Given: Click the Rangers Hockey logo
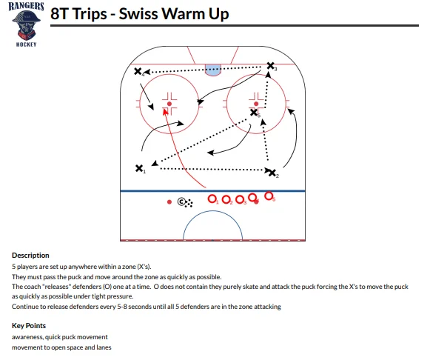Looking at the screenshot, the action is [x=26, y=24].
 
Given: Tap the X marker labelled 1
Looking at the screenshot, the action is [x=139, y=168].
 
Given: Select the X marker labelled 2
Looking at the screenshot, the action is [x=272, y=173].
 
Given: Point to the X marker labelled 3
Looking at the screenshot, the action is [x=270, y=66].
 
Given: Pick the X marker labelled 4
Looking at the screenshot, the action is [x=138, y=71].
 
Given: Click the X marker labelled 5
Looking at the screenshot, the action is [x=254, y=113].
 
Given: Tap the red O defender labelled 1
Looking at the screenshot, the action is [x=212, y=199].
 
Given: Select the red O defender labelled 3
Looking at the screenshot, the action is [x=240, y=199].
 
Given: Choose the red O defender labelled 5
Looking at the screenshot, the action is [x=269, y=196].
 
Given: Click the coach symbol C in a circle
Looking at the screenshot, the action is [x=181, y=201].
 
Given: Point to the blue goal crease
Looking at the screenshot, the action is [x=213, y=70].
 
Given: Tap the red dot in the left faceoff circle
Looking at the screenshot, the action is [x=169, y=104].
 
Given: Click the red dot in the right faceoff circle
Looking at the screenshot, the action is [x=256, y=104].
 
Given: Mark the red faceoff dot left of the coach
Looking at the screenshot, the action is [x=169, y=202].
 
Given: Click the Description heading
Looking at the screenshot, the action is [x=30, y=255].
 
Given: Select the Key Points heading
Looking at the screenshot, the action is [x=29, y=326].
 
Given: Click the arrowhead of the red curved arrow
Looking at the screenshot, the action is [x=165, y=111].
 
